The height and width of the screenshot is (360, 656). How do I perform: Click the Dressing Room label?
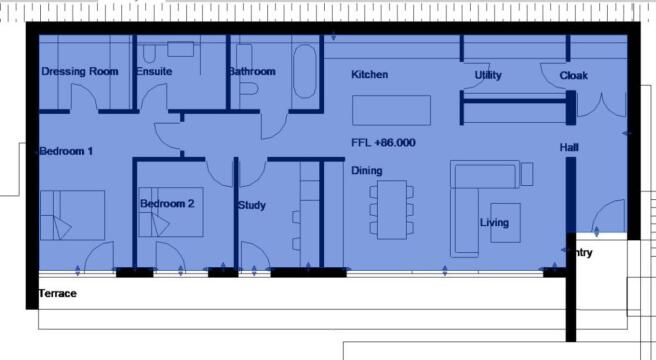pyautogui.click(x=80, y=72)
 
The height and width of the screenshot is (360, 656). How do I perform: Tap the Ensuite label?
pyautogui.click(x=155, y=72)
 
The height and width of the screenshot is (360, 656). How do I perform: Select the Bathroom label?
pyautogui.click(x=251, y=72)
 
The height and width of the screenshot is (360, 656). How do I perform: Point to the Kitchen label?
pyautogui.click(x=369, y=75)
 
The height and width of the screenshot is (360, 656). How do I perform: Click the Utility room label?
pyautogui.click(x=488, y=76)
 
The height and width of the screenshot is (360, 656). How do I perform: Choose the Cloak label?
pyautogui.click(x=574, y=76)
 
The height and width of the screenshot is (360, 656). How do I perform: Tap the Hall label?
pyautogui.click(x=570, y=147)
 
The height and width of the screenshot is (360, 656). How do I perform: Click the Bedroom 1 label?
pyautogui.click(x=66, y=152)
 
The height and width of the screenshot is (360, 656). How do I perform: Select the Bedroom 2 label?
pyautogui.click(x=167, y=204)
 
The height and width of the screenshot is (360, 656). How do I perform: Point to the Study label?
pyautogui.click(x=251, y=206)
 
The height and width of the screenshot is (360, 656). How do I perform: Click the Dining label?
pyautogui.click(x=366, y=171)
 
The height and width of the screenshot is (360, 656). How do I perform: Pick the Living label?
pyautogui.click(x=494, y=222)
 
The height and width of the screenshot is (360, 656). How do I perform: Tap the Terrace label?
pyautogui.click(x=57, y=294)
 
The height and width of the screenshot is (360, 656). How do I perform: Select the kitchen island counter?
pyautogui.click(x=391, y=110)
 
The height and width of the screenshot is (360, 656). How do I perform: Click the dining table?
pyautogui.click(x=391, y=207)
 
